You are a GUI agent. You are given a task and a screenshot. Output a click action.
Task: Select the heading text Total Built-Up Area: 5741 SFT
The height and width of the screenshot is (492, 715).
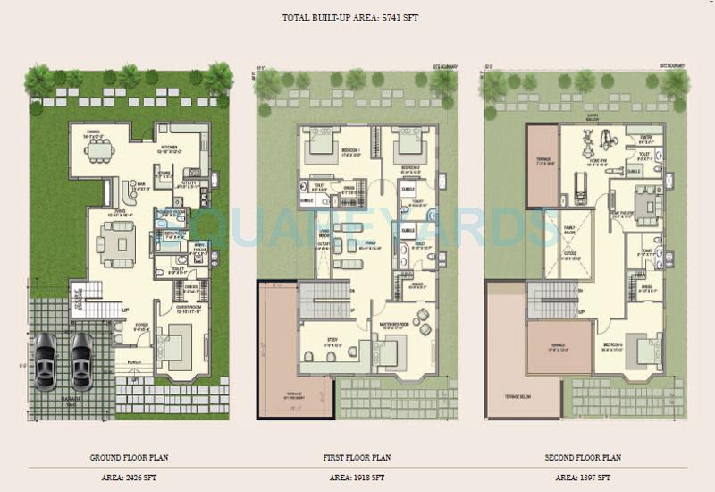tap(357, 17)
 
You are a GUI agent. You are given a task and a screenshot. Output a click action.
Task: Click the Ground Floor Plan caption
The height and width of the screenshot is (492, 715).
tap(130, 457)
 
